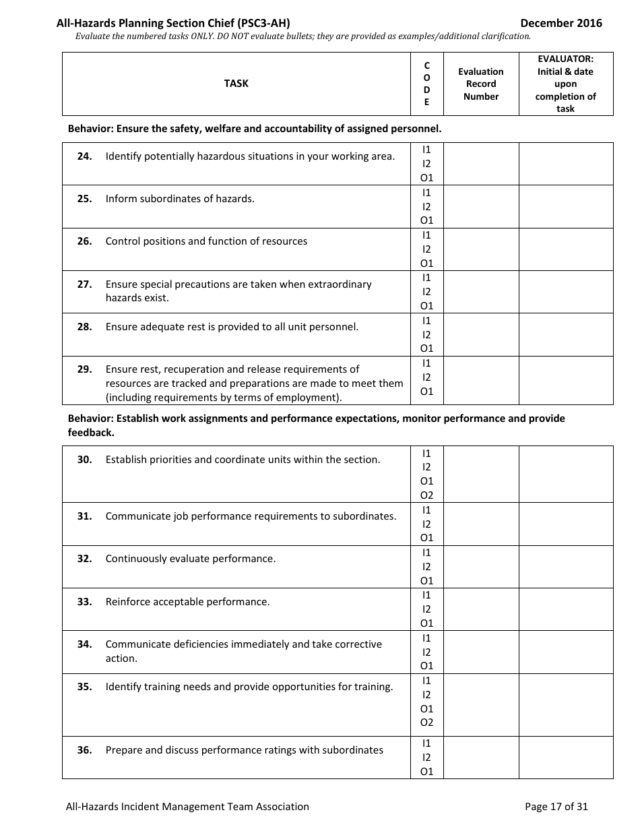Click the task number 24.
(x=84, y=156)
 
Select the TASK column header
(x=236, y=84)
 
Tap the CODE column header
(x=426, y=84)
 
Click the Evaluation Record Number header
(x=480, y=84)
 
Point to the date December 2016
(x=561, y=23)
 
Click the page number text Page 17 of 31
(x=556, y=806)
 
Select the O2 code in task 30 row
(x=426, y=495)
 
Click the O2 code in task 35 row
(x=426, y=723)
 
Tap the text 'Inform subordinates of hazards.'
(x=180, y=199)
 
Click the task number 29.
(x=84, y=369)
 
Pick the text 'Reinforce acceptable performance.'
(x=187, y=602)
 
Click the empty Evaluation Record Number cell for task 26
(x=480, y=249)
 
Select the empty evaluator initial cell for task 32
(x=566, y=566)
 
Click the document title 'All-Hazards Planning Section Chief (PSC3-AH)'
(x=173, y=23)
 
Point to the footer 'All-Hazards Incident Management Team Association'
(x=187, y=806)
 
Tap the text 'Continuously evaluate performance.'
(x=191, y=559)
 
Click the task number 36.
(x=84, y=750)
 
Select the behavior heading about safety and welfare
(x=255, y=128)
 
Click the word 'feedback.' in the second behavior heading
(x=91, y=433)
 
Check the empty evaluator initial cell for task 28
(x=566, y=334)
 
